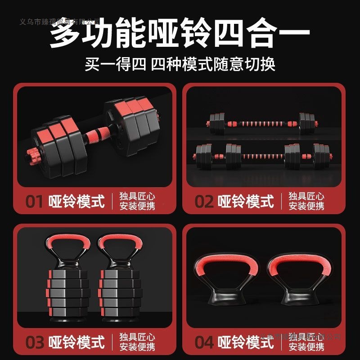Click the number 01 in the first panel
coord(35,201)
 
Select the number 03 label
coord(35,342)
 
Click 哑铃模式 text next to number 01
coord(76,201)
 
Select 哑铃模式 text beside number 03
coord(76,342)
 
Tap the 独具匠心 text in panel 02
coord(306,196)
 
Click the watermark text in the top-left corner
coord(61,22)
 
